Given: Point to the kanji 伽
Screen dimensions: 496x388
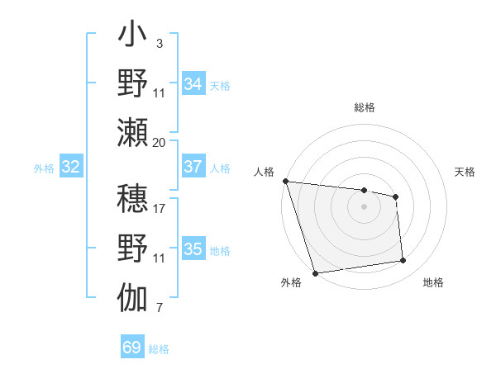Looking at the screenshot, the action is pyautogui.click(x=132, y=296).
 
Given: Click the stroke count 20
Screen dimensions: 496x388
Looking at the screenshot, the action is pyautogui.click(x=159, y=142).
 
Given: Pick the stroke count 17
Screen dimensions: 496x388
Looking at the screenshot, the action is pyautogui.click(x=159, y=208).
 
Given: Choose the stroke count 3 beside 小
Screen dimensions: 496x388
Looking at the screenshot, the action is pyautogui.click(x=159, y=42).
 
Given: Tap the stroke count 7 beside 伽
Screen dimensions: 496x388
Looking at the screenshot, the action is pyautogui.click(x=159, y=309).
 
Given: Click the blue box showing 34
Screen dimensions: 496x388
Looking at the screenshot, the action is pyautogui.click(x=193, y=84).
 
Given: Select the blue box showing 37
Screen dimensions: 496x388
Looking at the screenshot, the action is pyautogui.click(x=193, y=167).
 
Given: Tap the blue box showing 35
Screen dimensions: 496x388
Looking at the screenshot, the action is pyautogui.click(x=193, y=249).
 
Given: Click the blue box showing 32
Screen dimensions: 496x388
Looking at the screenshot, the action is pyautogui.click(x=71, y=168).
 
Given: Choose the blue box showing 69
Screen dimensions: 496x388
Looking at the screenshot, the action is pyautogui.click(x=132, y=348).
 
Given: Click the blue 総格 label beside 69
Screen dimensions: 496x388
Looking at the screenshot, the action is pyautogui.click(x=159, y=349).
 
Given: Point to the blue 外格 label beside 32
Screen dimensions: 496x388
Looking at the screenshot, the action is pyautogui.click(x=44, y=168).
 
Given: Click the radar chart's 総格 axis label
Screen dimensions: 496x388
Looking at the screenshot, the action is pyautogui.click(x=364, y=107).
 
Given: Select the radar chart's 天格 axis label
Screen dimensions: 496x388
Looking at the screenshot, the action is pyautogui.click(x=465, y=172).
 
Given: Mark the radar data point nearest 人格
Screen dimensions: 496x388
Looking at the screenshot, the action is pyautogui.click(x=285, y=181).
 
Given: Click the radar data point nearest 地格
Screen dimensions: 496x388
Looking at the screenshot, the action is pyautogui.click(x=403, y=261).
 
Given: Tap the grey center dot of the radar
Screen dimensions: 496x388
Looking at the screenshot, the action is pyautogui.click(x=364, y=206).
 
